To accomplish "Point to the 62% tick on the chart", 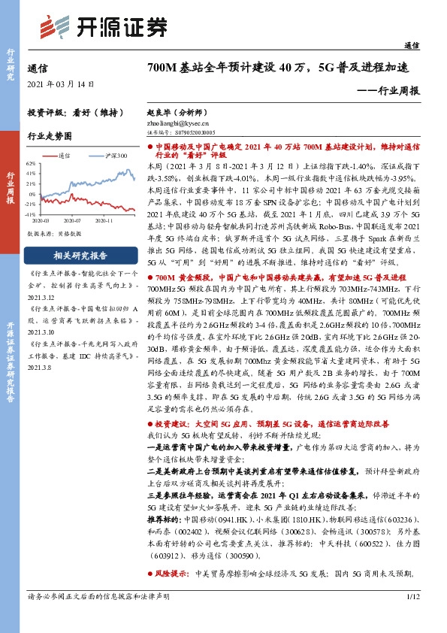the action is click(x=31, y=162).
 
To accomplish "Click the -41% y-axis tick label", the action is click(x=31, y=214).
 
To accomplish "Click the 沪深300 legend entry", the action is click(x=113, y=156).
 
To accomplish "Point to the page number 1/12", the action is click(x=411, y=618).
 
